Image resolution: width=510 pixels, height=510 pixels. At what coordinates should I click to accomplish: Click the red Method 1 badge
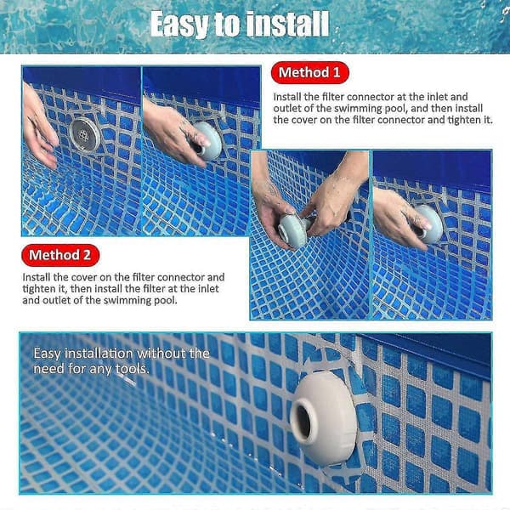click(309, 72)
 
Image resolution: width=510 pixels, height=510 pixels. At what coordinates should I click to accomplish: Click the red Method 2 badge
click(60, 255)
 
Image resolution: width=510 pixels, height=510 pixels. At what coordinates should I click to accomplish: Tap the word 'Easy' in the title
click(178, 24)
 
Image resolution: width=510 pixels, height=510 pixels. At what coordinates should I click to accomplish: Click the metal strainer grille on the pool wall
click(84, 134)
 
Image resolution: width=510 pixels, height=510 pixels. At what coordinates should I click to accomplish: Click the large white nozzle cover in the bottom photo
click(323, 418)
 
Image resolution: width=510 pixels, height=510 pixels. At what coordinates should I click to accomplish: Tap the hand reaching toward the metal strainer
click(38, 127)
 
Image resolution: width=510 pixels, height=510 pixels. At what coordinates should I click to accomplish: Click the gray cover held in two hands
click(293, 230)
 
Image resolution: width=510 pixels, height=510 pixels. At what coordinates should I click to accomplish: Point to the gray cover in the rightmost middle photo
click(429, 224)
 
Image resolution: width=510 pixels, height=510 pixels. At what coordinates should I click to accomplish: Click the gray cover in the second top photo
click(207, 141)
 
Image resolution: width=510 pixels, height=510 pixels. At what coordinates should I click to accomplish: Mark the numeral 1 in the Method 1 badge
click(337, 72)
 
